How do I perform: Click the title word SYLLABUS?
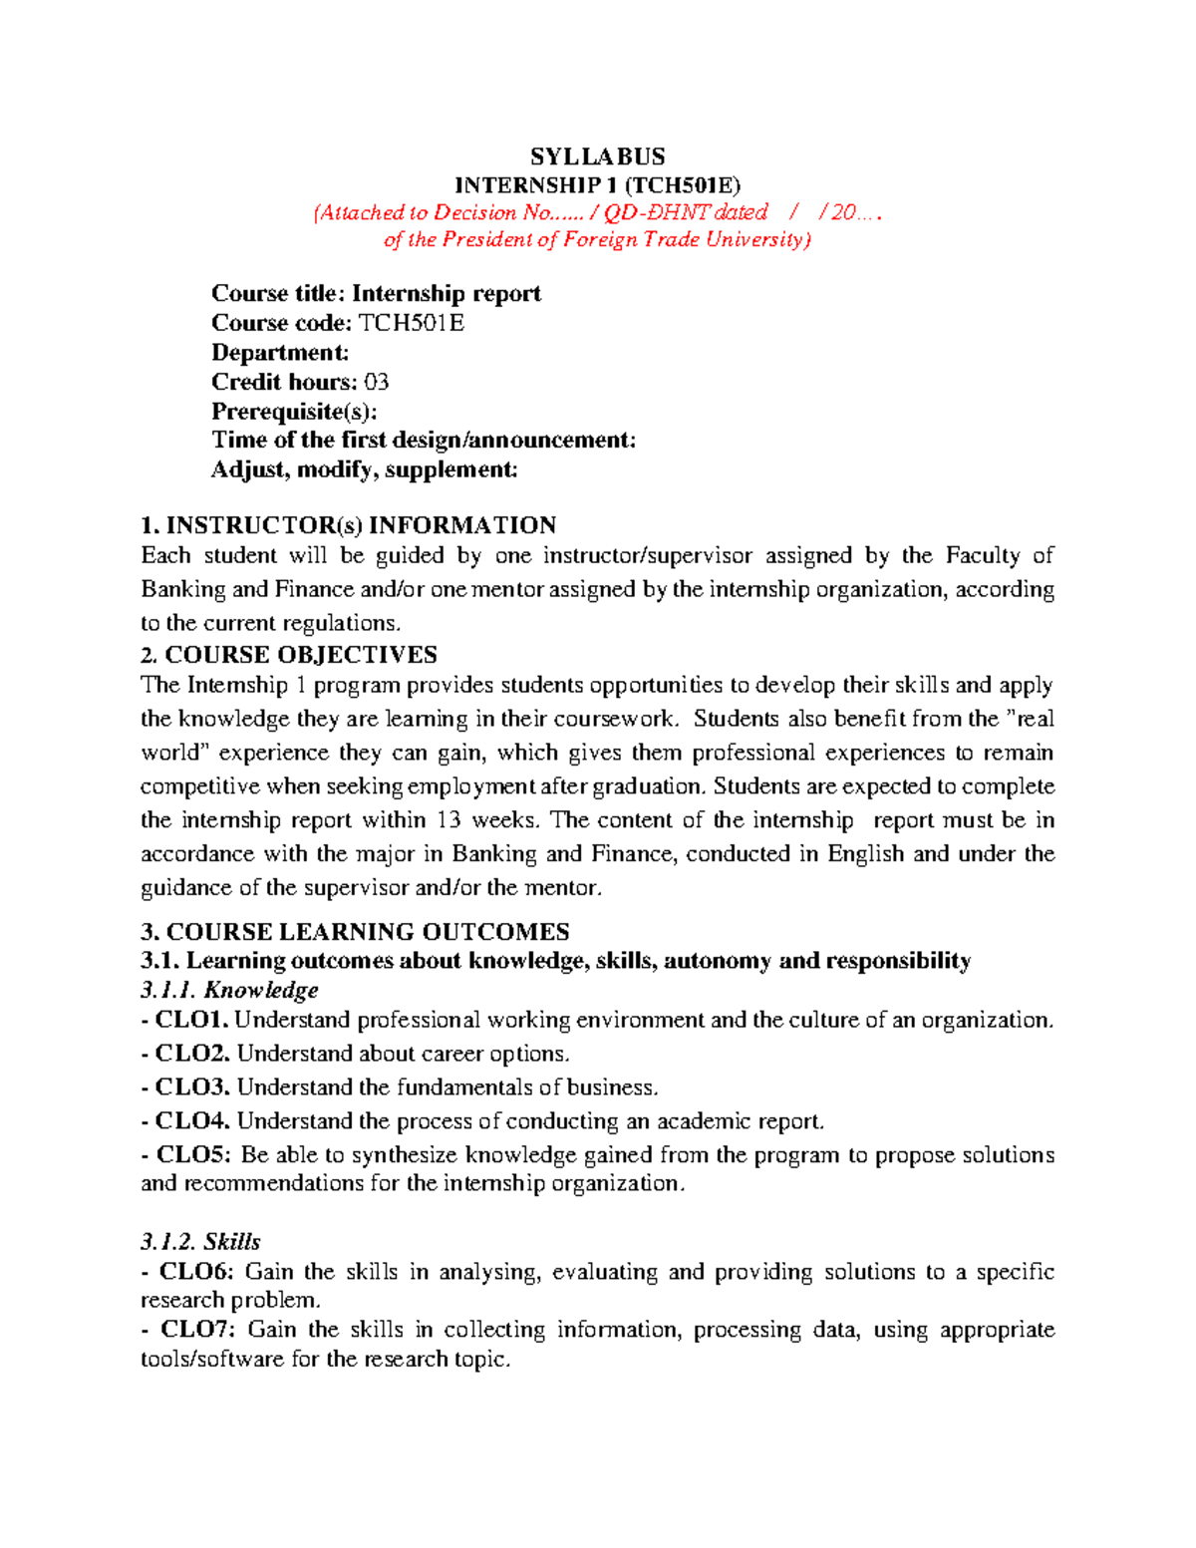coord(597,156)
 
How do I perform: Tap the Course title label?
coord(278,293)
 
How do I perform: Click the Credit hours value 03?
coord(376,382)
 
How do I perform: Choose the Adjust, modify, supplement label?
coord(364,469)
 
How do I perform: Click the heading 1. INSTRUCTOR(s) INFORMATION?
coord(348,525)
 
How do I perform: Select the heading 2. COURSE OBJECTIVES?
coord(289,655)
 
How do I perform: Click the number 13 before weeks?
coord(448,820)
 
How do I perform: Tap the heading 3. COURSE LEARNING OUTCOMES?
coord(355,932)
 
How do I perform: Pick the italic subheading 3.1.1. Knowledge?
coord(229,990)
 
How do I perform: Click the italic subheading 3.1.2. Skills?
coord(200,1242)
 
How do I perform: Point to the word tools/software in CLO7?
coord(211,1360)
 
